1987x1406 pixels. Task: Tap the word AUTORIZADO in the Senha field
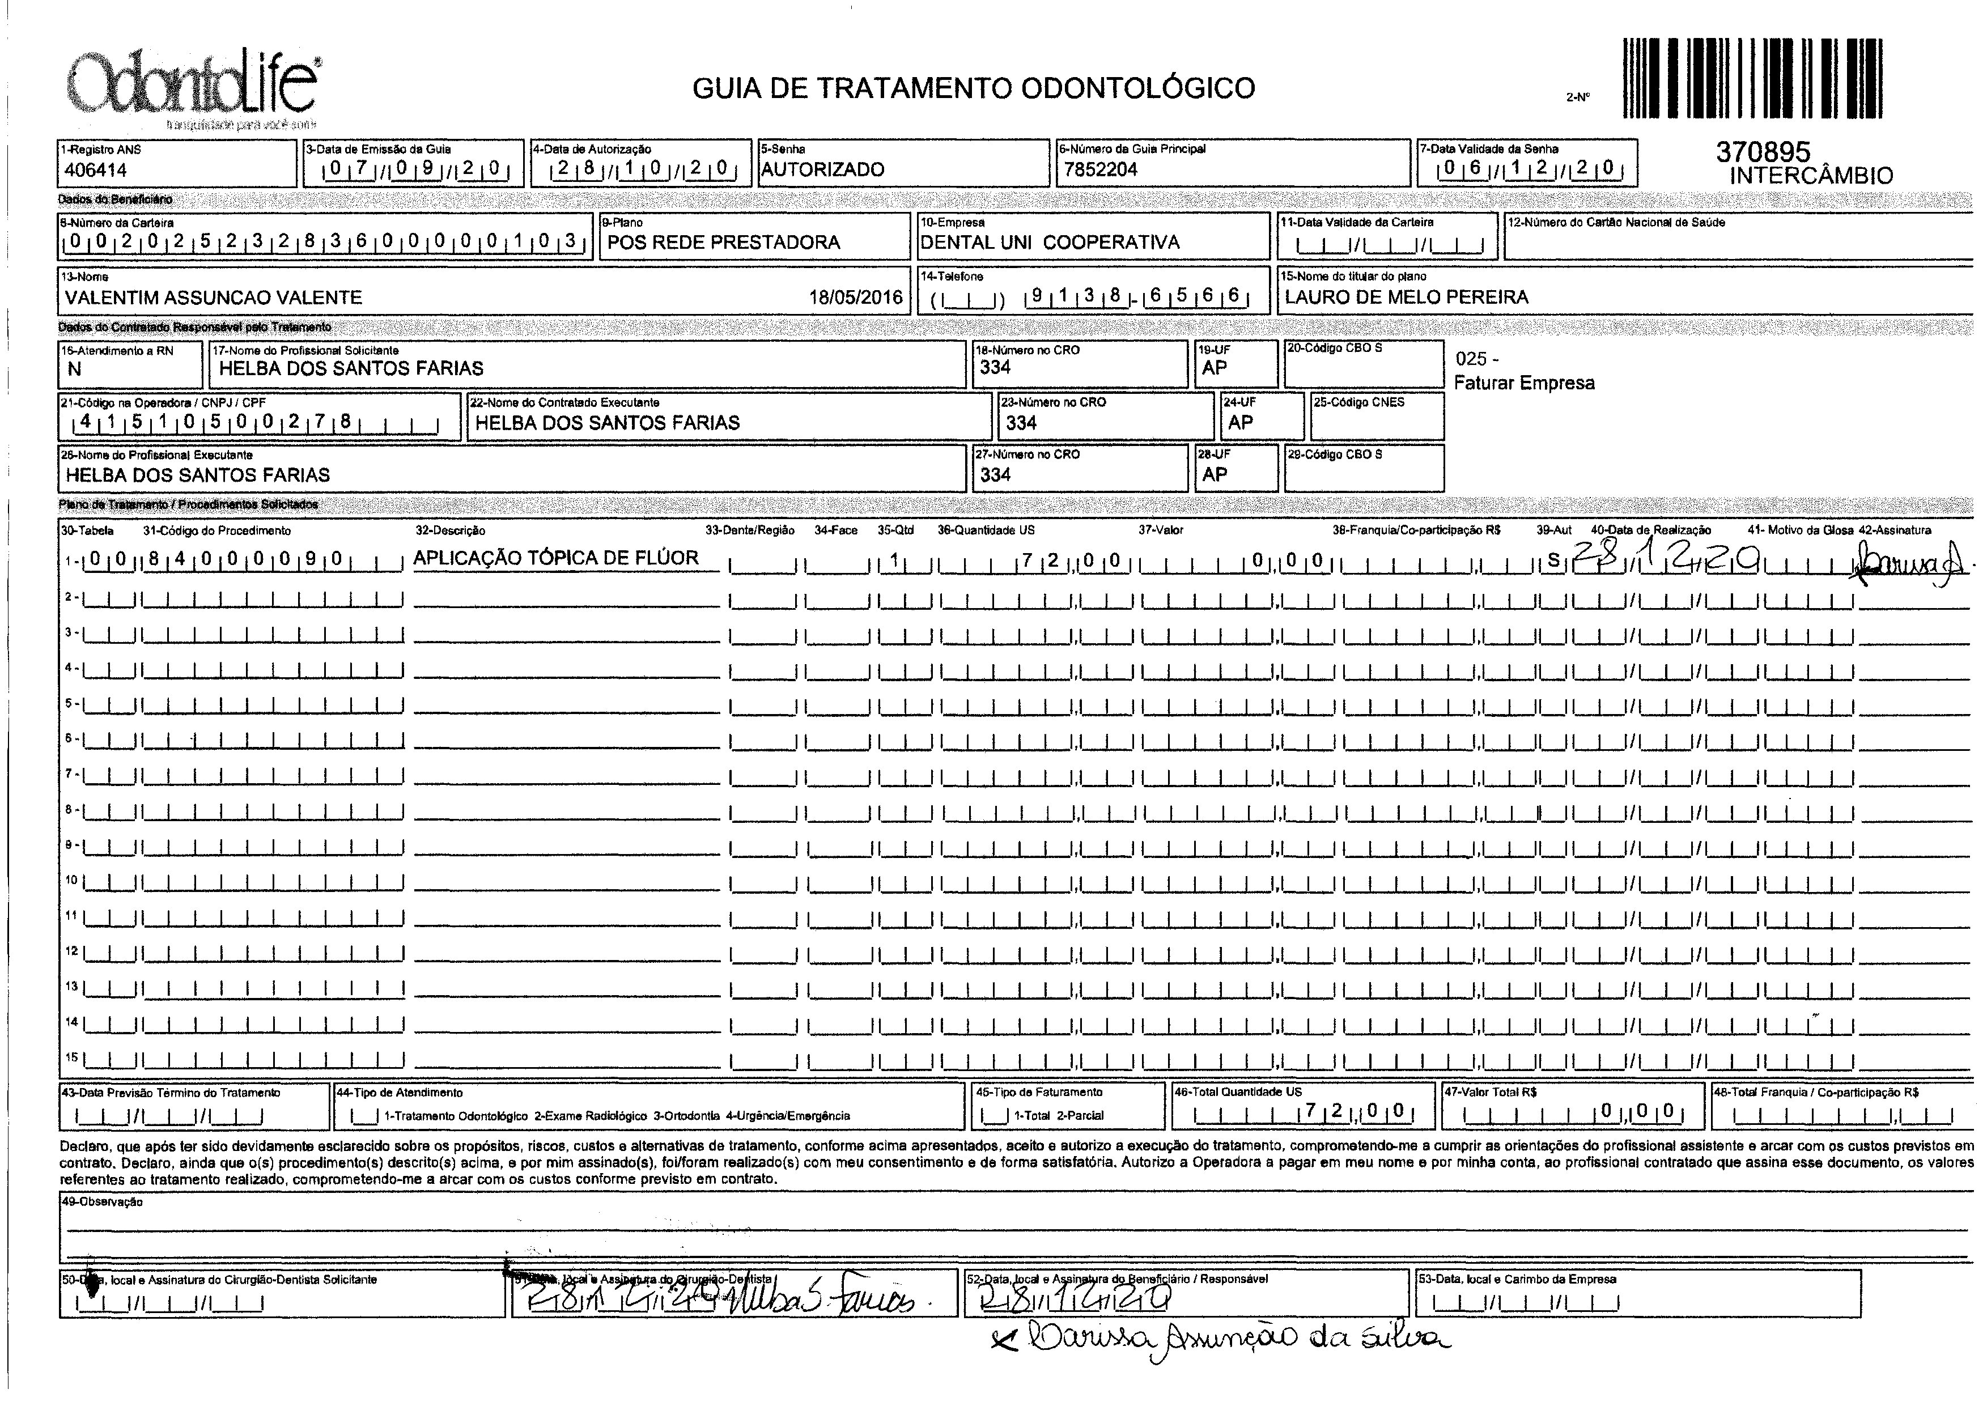click(x=822, y=169)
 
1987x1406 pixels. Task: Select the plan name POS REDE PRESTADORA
click(x=723, y=243)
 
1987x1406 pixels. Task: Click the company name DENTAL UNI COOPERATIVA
click(x=1050, y=243)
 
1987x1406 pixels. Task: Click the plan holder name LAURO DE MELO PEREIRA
click(x=1406, y=297)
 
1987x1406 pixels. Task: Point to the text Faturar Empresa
click(x=1524, y=383)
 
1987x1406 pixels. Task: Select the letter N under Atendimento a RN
click(x=74, y=369)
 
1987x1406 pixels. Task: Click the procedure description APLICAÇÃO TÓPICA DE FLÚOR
click(x=555, y=558)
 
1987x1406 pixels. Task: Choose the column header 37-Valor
click(x=1160, y=530)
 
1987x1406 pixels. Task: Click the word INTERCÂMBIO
click(x=1811, y=176)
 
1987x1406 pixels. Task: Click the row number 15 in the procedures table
click(x=72, y=1057)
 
